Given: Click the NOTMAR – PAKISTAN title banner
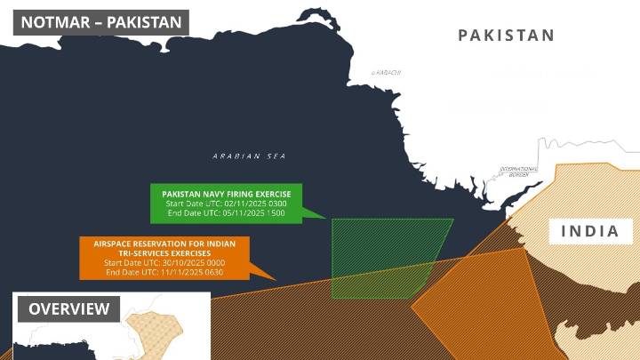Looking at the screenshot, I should point(100,21).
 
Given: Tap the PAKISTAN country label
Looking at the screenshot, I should point(507,36).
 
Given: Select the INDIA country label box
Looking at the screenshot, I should point(590,232).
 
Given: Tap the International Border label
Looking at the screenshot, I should point(519,172).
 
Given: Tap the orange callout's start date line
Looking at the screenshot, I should point(164,263).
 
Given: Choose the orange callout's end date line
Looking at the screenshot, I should point(164,272).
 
